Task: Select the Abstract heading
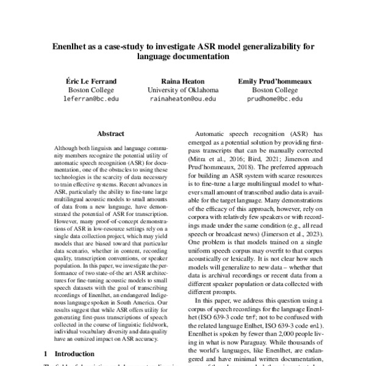click(110, 134)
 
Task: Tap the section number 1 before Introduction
click(46, 353)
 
